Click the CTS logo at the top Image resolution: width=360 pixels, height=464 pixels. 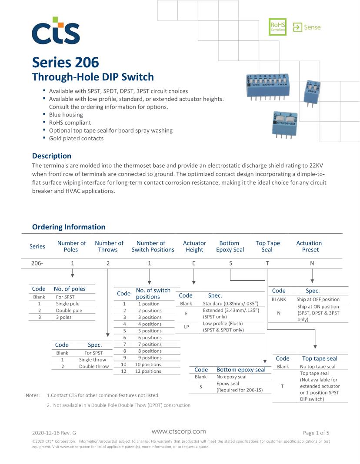tap(56, 31)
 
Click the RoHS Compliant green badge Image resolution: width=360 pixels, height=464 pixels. tap(277, 27)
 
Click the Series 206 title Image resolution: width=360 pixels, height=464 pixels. tap(65, 63)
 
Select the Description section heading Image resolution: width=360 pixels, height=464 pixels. tap(52, 156)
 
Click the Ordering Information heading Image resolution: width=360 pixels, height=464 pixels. tap(69, 227)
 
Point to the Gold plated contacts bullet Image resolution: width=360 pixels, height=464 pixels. tap(76, 138)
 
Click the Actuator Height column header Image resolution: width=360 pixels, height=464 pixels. tap(194, 246)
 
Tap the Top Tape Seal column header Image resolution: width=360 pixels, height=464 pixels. tap(267, 246)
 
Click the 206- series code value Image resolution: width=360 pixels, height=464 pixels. tap(37, 263)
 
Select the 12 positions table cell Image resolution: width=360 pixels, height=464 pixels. tap(148, 371)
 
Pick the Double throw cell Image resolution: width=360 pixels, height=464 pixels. tap(93, 366)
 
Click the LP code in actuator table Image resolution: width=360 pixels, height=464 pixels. tap(186, 327)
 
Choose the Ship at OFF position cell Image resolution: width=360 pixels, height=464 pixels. tap(318, 299)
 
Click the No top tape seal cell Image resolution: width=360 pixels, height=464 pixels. tap(317, 367)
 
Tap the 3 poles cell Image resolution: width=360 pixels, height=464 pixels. tap(63, 317)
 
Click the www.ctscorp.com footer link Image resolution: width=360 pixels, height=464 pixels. tap(179, 431)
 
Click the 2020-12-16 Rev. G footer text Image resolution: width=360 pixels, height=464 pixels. tap(54, 433)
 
